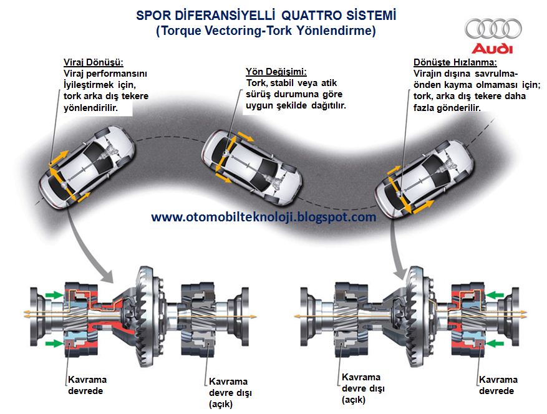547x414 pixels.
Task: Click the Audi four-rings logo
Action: pos(493,29)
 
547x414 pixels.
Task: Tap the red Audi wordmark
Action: pos(493,49)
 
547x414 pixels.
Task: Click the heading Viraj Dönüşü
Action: pos(94,62)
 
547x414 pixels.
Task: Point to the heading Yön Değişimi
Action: pos(276,72)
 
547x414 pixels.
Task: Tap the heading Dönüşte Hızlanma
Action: pos(455,62)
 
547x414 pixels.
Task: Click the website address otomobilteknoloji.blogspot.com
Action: pos(264,217)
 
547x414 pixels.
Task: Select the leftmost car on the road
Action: pos(87,166)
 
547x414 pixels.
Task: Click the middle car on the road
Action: pos(252,167)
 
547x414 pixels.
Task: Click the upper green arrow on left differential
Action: pos(54,295)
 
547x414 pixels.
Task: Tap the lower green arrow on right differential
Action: pos(495,344)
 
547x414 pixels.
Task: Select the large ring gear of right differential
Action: pos(416,315)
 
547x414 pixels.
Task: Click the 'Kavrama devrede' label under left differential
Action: pos(87,385)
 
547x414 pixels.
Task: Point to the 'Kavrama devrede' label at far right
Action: pos(498,385)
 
